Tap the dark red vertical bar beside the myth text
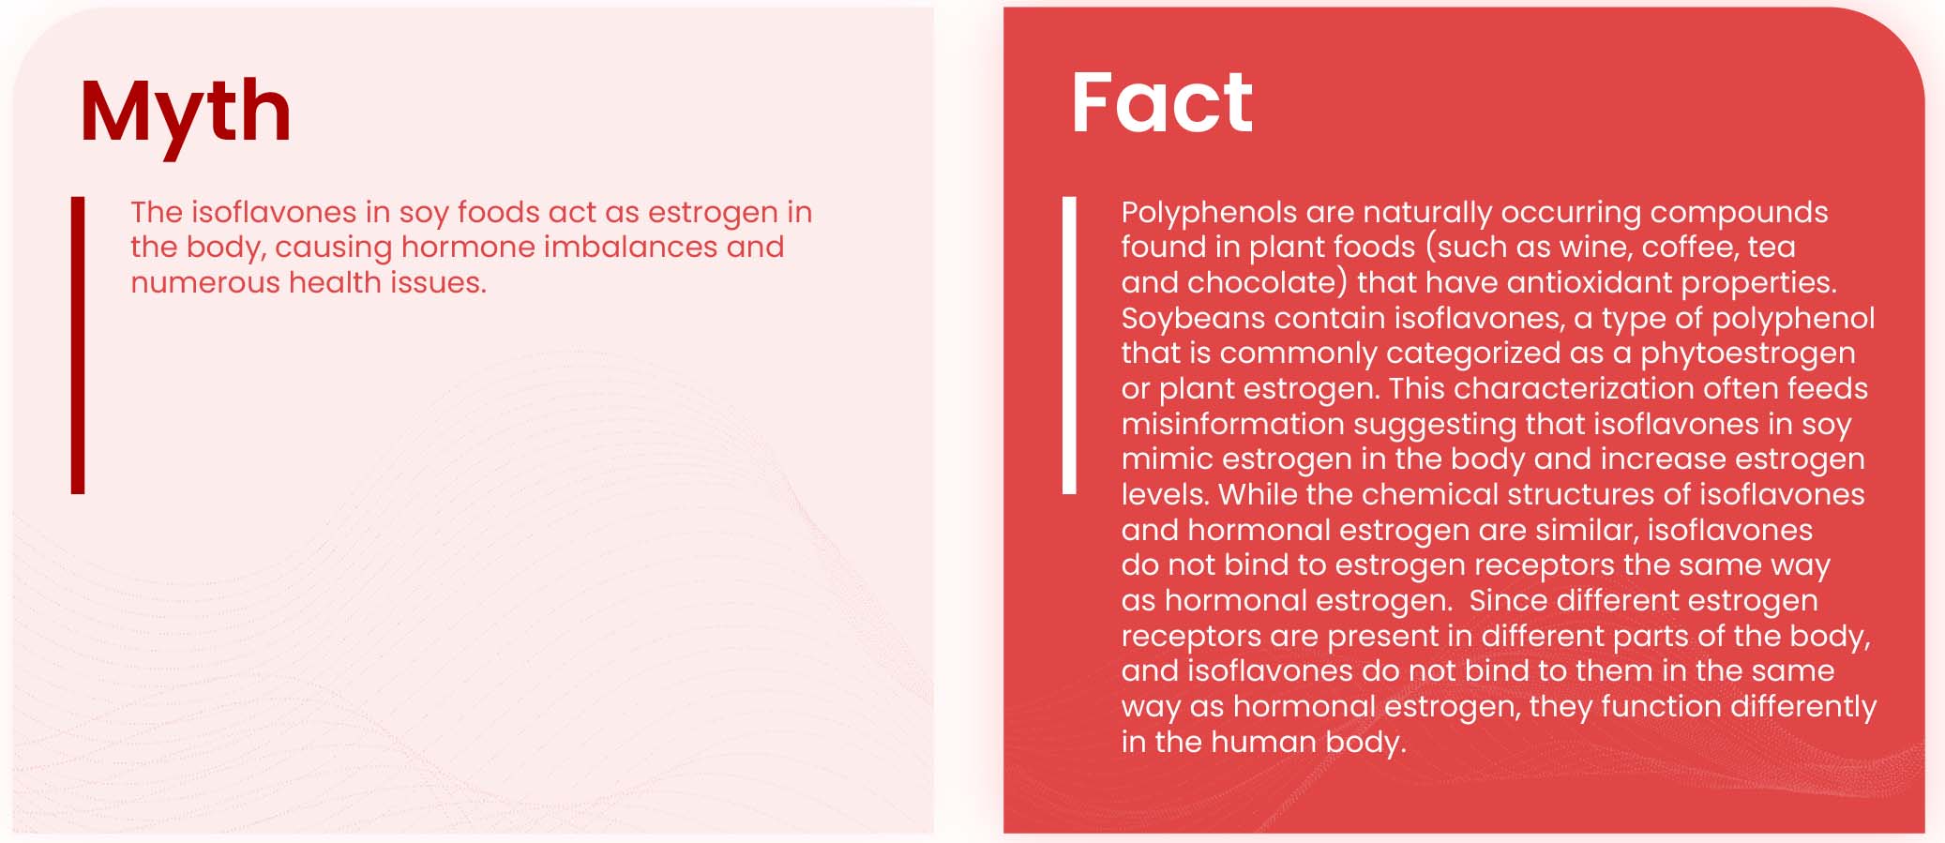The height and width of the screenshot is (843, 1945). click(78, 345)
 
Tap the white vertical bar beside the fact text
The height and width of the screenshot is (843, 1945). click(1069, 345)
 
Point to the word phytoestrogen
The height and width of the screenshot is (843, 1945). click(1748, 354)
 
